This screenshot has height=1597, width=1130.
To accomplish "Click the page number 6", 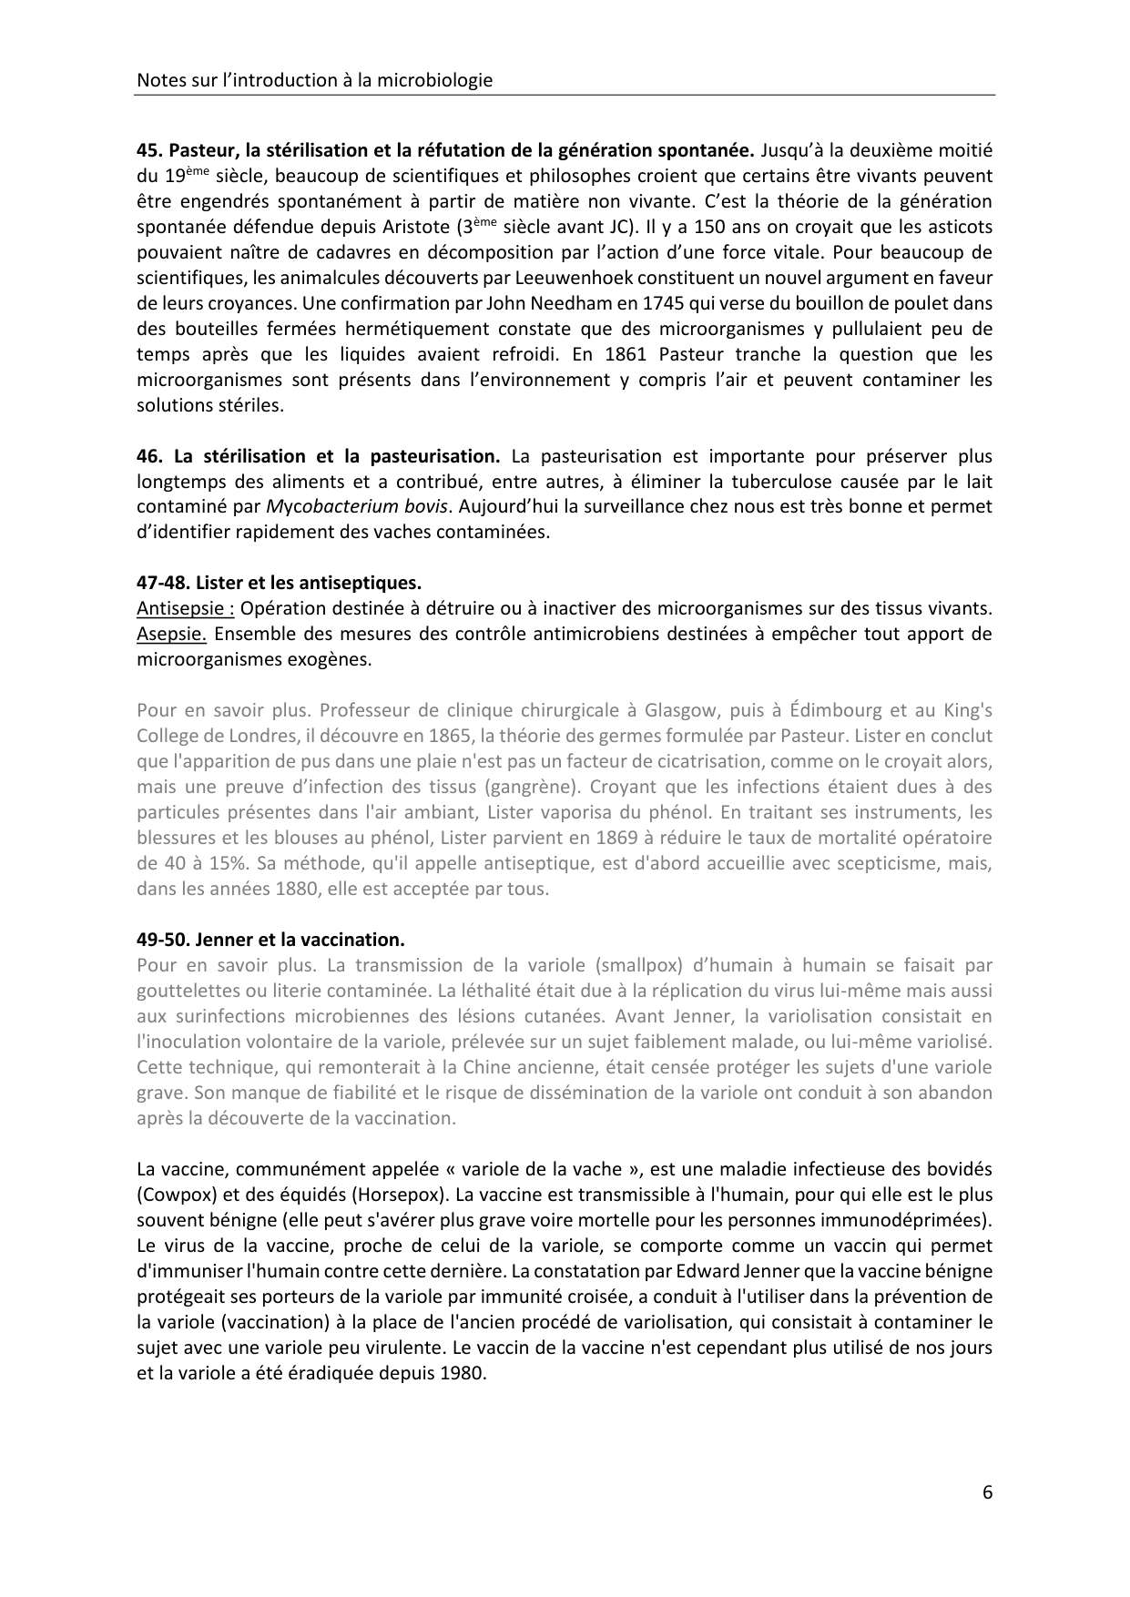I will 987,1492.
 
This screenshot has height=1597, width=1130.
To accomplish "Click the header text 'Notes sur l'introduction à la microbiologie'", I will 314,80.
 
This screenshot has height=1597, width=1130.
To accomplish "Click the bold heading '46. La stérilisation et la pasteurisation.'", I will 319,456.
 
